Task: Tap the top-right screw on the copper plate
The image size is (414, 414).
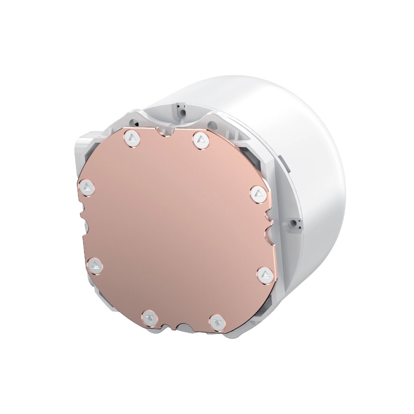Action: tap(200, 139)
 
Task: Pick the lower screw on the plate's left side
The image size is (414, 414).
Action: tap(96, 265)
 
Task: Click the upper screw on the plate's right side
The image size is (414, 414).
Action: tap(258, 193)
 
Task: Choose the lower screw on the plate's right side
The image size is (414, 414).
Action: tap(264, 274)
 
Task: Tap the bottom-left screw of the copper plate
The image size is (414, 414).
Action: tap(148, 318)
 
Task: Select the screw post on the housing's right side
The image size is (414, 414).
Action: tap(294, 223)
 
